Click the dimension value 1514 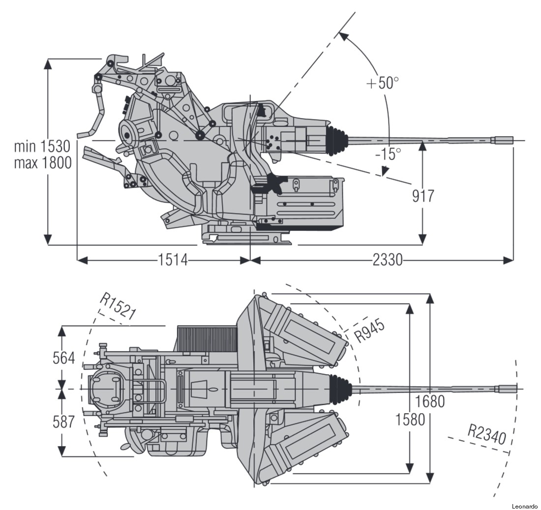(x=173, y=260)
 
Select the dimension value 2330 (x=387, y=260)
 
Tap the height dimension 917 (x=423, y=196)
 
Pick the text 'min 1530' (x=42, y=147)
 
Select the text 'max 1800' (x=42, y=162)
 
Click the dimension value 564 (x=64, y=358)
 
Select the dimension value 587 (x=64, y=421)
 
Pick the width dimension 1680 (x=430, y=401)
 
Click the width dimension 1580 (x=410, y=420)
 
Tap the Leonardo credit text (x=524, y=506)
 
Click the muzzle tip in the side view (x=511, y=140)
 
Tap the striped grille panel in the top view (x=207, y=338)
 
